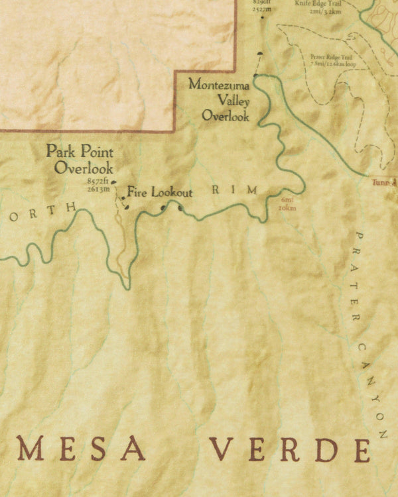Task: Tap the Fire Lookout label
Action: coord(160,193)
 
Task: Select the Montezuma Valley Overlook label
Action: coord(219,100)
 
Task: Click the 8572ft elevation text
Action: coord(98,182)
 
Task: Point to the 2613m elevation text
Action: coord(98,189)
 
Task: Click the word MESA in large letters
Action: coord(81,450)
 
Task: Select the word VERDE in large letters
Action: coord(291,450)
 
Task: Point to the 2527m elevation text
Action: coord(262,10)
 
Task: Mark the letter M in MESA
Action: coord(31,450)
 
